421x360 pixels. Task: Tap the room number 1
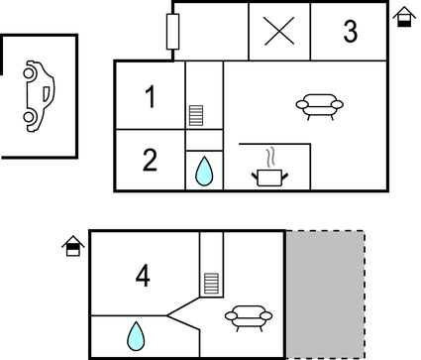point(150,97)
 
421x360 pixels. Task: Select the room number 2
point(150,161)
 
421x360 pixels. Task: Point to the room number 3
point(350,32)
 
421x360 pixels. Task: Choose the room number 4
point(143,276)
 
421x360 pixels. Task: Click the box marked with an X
point(279,32)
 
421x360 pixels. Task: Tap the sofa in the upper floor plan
point(320,104)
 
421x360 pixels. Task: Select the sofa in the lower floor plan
point(247,317)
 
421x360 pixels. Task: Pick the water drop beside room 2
point(204,172)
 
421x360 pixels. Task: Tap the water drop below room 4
point(135,335)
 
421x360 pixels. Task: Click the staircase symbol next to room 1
point(196,115)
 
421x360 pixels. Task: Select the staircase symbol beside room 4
point(211,283)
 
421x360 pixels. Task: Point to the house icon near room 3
point(403,17)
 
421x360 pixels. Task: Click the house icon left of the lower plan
point(72,245)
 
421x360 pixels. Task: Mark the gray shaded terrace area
point(325,295)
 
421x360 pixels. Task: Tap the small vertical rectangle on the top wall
point(173,32)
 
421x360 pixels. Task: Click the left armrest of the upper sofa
point(302,102)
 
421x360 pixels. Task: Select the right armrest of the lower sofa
point(264,315)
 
